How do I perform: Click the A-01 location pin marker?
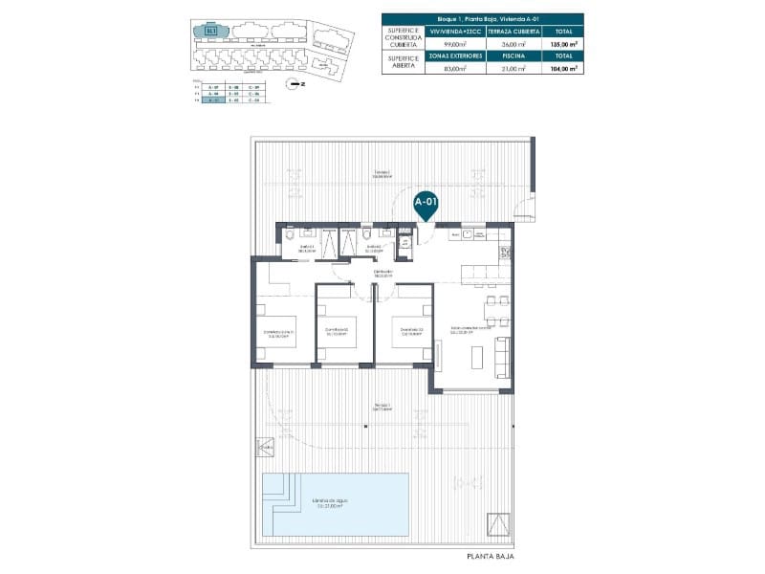[x=426, y=204]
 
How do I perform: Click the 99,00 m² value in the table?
[x=448, y=44]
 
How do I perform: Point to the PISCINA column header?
[x=514, y=55]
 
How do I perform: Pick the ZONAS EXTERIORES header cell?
[x=448, y=55]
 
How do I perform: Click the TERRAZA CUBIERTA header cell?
[x=514, y=32]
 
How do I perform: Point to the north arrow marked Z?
[x=295, y=84]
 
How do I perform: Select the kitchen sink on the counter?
[x=468, y=233]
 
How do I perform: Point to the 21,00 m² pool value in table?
[x=514, y=68]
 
